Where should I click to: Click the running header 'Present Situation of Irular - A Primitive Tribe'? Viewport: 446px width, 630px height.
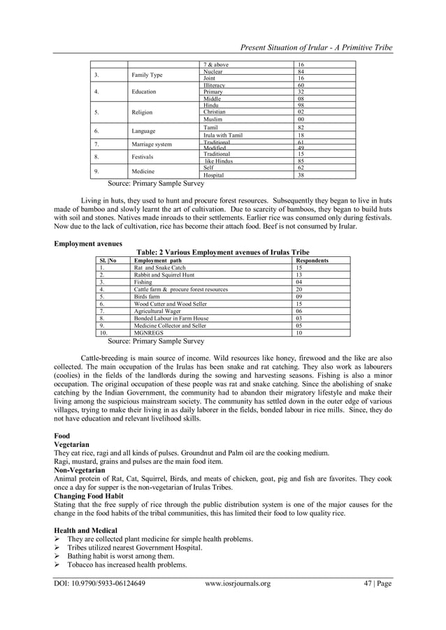(316, 47)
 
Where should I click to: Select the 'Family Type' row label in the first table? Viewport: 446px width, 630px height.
(147, 75)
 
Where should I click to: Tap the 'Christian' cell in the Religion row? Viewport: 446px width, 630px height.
(214, 112)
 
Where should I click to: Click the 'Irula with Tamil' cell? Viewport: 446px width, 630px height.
(223, 135)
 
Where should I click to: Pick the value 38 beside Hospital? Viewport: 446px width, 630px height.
(301, 175)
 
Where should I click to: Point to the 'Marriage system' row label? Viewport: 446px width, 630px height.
(152, 145)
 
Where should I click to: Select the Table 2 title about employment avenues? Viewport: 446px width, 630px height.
(223, 252)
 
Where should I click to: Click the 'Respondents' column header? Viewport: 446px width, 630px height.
(312, 260)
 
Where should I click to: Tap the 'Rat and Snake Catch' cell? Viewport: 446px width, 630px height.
(160, 268)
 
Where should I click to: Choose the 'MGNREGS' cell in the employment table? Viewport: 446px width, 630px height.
(148, 333)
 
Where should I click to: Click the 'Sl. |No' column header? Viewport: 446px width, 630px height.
(108, 260)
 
